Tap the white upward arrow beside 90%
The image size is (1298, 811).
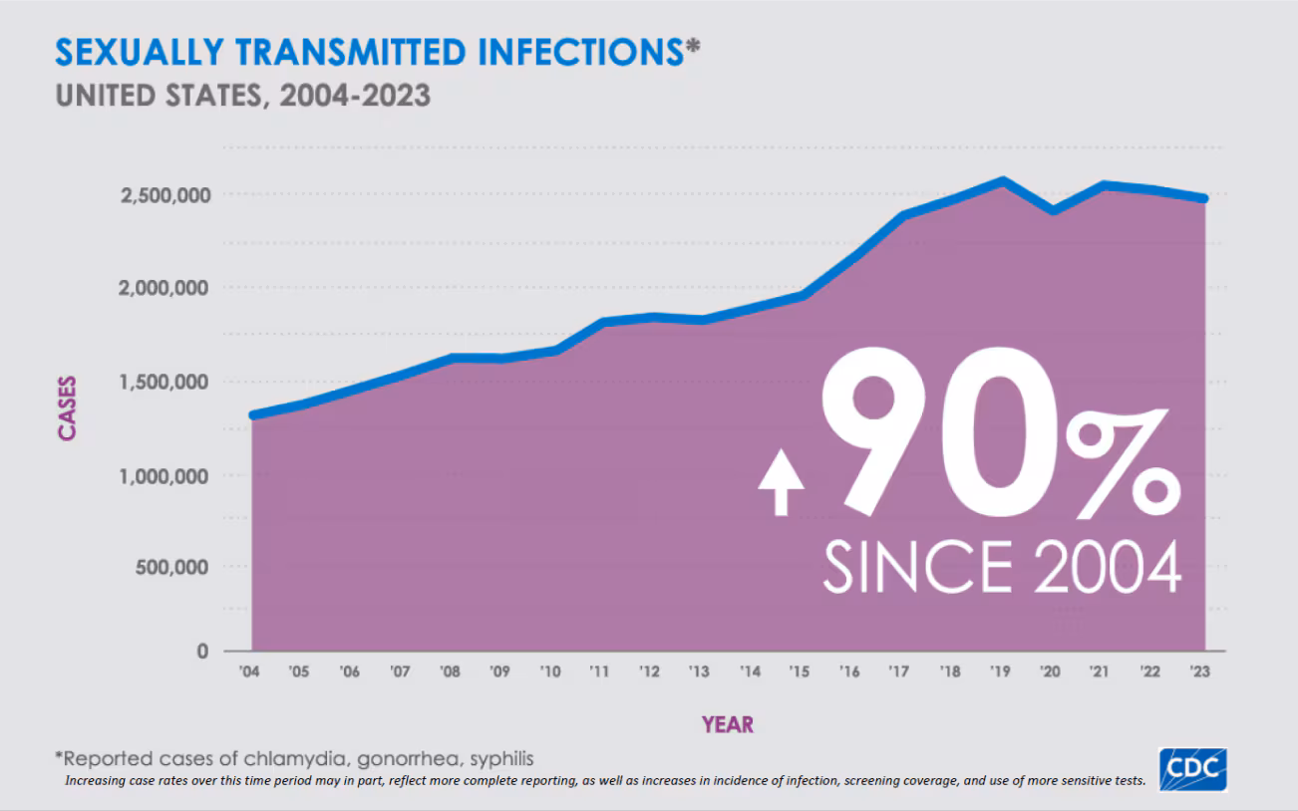781,481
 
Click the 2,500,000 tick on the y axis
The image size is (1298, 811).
165,194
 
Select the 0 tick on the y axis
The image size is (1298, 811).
202,652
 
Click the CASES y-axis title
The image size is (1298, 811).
67,406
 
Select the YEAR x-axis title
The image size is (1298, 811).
727,724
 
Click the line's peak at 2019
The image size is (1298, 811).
1002,181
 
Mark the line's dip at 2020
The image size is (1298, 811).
1052,210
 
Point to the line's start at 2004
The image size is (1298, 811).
253,414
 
